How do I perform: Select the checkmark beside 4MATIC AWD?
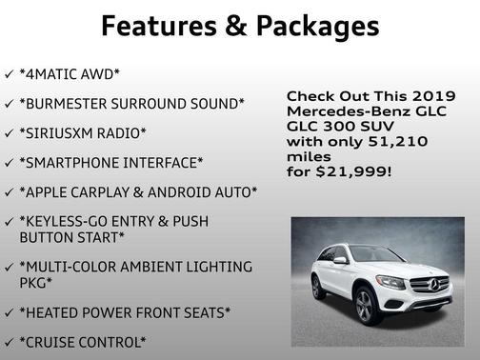coord(10,73)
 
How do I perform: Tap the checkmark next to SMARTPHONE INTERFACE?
coord(10,163)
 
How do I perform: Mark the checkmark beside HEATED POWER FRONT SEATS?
coord(10,312)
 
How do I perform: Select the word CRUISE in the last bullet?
coord(59,342)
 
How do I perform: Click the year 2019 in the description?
coord(431,96)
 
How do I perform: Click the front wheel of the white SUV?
coord(366,305)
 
